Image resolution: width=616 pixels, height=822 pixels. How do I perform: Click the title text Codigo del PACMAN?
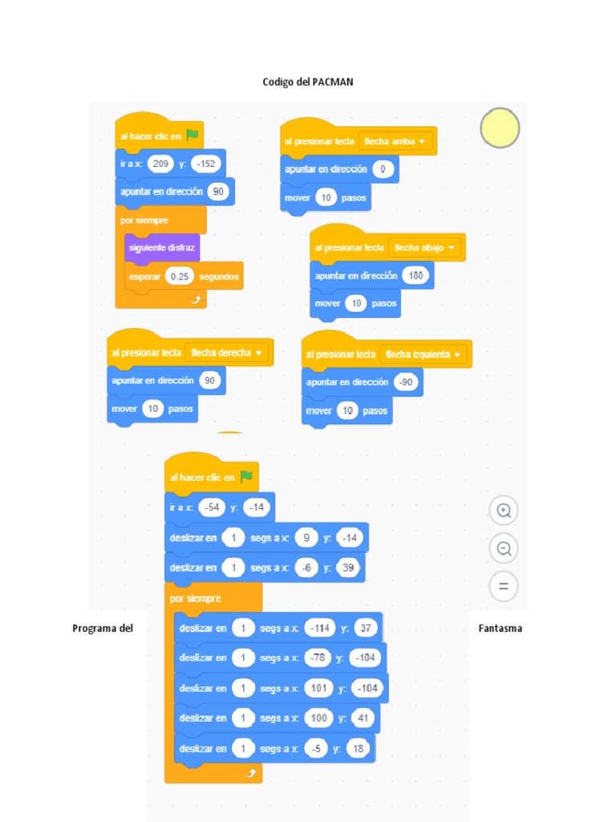click(308, 82)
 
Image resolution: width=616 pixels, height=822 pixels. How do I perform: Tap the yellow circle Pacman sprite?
click(500, 128)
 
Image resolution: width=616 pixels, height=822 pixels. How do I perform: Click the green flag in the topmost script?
click(192, 136)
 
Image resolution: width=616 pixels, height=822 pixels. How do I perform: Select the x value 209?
click(160, 164)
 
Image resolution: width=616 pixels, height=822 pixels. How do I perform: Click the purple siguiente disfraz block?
click(161, 247)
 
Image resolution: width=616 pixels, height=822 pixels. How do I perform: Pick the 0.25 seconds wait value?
click(180, 276)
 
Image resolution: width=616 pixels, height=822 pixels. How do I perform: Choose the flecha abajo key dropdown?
click(425, 247)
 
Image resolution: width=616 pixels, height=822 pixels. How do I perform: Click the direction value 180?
click(415, 275)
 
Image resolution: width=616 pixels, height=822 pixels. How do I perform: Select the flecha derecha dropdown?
click(227, 352)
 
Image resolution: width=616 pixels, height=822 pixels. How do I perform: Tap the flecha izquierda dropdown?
click(422, 354)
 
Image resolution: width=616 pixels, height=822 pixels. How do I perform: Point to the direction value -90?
click(407, 382)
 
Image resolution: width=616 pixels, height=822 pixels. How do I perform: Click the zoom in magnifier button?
click(504, 511)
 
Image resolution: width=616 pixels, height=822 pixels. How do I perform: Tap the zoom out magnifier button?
click(504, 549)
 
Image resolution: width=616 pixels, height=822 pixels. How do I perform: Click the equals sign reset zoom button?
click(504, 587)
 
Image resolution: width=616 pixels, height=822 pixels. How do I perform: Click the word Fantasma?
click(500, 629)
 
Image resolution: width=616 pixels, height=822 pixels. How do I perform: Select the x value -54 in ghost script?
click(212, 507)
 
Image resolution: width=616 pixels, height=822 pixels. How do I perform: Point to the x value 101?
click(318, 688)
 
